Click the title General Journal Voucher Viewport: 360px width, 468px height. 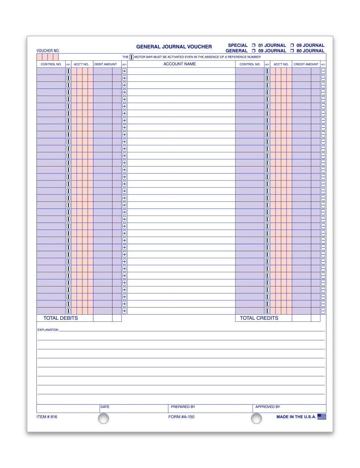coord(174,47)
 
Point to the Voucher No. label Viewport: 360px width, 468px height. coord(48,51)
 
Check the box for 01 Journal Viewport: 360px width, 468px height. coord(253,45)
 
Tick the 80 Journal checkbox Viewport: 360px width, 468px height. coord(292,51)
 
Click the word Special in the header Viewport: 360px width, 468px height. coord(238,45)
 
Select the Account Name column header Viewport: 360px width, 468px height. coord(180,64)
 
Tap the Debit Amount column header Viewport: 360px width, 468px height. coord(105,64)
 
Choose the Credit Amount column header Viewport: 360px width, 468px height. coord(306,64)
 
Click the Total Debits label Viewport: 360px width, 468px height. coord(61,318)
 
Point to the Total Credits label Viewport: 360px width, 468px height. coord(259,318)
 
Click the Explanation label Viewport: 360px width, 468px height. coord(48,330)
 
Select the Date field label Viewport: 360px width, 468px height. coord(105,407)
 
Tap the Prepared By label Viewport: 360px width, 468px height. coord(183,407)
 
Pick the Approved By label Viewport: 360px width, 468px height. coord(268,407)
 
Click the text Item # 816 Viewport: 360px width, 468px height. coord(47,417)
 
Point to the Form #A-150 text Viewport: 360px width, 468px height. coord(181,417)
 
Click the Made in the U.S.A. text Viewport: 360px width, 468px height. coord(296,417)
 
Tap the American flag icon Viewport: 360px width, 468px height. coord(322,417)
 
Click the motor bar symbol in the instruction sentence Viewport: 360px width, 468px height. coord(131,57)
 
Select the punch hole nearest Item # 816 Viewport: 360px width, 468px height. coord(103,418)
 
